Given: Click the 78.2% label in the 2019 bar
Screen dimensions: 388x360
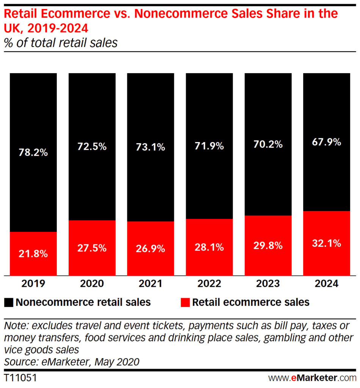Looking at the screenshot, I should click(x=33, y=153).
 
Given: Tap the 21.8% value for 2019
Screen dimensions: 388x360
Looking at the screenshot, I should click(x=33, y=253).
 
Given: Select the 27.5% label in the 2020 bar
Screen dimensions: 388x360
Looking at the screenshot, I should click(x=92, y=248).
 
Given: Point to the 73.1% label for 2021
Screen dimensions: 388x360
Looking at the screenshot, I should click(x=150, y=147).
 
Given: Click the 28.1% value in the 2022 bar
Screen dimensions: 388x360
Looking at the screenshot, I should click(x=209, y=247).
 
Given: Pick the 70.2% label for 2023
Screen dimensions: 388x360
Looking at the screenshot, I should click(x=268, y=144).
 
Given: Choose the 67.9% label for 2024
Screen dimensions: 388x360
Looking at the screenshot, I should click(x=327, y=142).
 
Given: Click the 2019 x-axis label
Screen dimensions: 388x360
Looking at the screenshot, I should click(x=33, y=284).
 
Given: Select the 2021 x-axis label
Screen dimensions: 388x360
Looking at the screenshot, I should click(x=150, y=284).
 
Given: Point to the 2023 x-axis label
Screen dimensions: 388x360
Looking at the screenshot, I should click(x=268, y=284).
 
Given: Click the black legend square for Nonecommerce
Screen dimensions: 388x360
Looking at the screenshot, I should click(x=9, y=302).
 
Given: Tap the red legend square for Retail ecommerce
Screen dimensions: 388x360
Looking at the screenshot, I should click(x=185, y=302).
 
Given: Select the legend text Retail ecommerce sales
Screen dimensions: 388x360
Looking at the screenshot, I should click(x=251, y=302).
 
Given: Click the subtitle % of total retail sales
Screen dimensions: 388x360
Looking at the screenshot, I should click(x=61, y=42).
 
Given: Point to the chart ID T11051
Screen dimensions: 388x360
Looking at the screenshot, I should click(x=20, y=378).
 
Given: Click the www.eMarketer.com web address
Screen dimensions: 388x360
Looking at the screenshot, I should click(x=312, y=378).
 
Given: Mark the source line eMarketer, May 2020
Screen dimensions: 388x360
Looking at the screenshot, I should click(x=72, y=361).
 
